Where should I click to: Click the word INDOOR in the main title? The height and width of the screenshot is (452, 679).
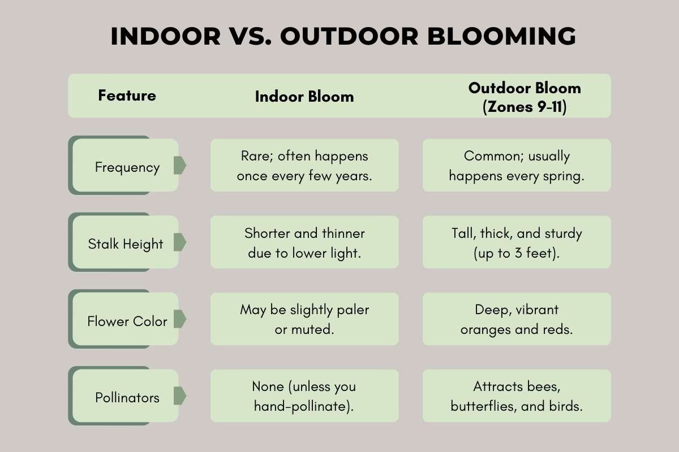tap(165, 36)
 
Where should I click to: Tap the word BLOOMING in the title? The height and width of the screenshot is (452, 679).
tap(501, 36)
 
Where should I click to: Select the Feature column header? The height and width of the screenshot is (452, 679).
tap(127, 95)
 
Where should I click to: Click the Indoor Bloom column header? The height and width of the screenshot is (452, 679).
tap(304, 97)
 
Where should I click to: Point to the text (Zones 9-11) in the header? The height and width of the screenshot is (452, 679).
tap(525, 107)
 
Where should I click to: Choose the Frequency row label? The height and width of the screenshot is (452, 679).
tap(127, 167)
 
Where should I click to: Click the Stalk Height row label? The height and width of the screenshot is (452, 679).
tap(126, 244)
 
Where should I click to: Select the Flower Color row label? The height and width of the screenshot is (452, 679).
tap(127, 321)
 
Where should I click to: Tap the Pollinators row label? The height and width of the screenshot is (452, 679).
tap(127, 398)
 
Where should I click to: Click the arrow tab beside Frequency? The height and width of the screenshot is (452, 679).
tap(180, 166)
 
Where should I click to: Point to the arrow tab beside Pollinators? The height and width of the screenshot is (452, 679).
tap(180, 395)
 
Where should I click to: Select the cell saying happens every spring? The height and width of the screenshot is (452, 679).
tap(517, 166)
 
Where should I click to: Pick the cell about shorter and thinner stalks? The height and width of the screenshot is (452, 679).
tap(304, 242)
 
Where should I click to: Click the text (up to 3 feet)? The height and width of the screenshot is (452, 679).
tap(517, 253)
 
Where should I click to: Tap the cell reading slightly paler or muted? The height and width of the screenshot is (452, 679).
tap(304, 319)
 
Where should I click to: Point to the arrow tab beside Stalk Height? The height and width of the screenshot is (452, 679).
tap(180, 242)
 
